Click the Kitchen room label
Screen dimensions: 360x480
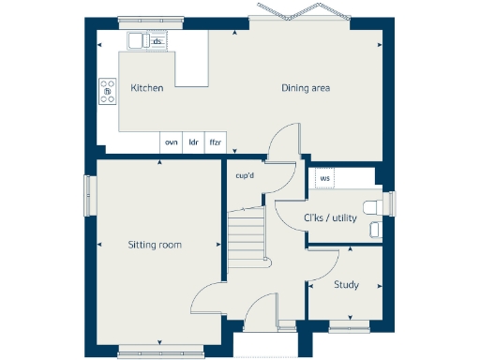pyautogui.click(x=147, y=88)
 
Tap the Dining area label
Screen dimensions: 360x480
pyautogui.click(x=306, y=89)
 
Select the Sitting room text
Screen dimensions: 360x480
pyautogui.click(x=155, y=245)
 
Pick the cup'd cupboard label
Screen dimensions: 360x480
pyautogui.click(x=246, y=175)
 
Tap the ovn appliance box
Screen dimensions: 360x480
pyautogui.click(x=171, y=142)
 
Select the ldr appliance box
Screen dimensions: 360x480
pyautogui.click(x=194, y=142)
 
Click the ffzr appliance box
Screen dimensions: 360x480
pyautogui.click(x=216, y=142)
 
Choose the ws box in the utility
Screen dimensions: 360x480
pyautogui.click(x=325, y=178)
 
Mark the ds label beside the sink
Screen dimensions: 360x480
pyautogui.click(x=157, y=42)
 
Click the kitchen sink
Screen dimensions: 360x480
pyautogui.click(x=137, y=39)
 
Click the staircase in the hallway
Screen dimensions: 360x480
pyautogui.click(x=247, y=239)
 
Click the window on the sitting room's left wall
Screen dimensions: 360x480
pyautogui.click(x=90, y=197)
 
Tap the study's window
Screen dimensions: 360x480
pyautogui.click(x=351, y=325)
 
